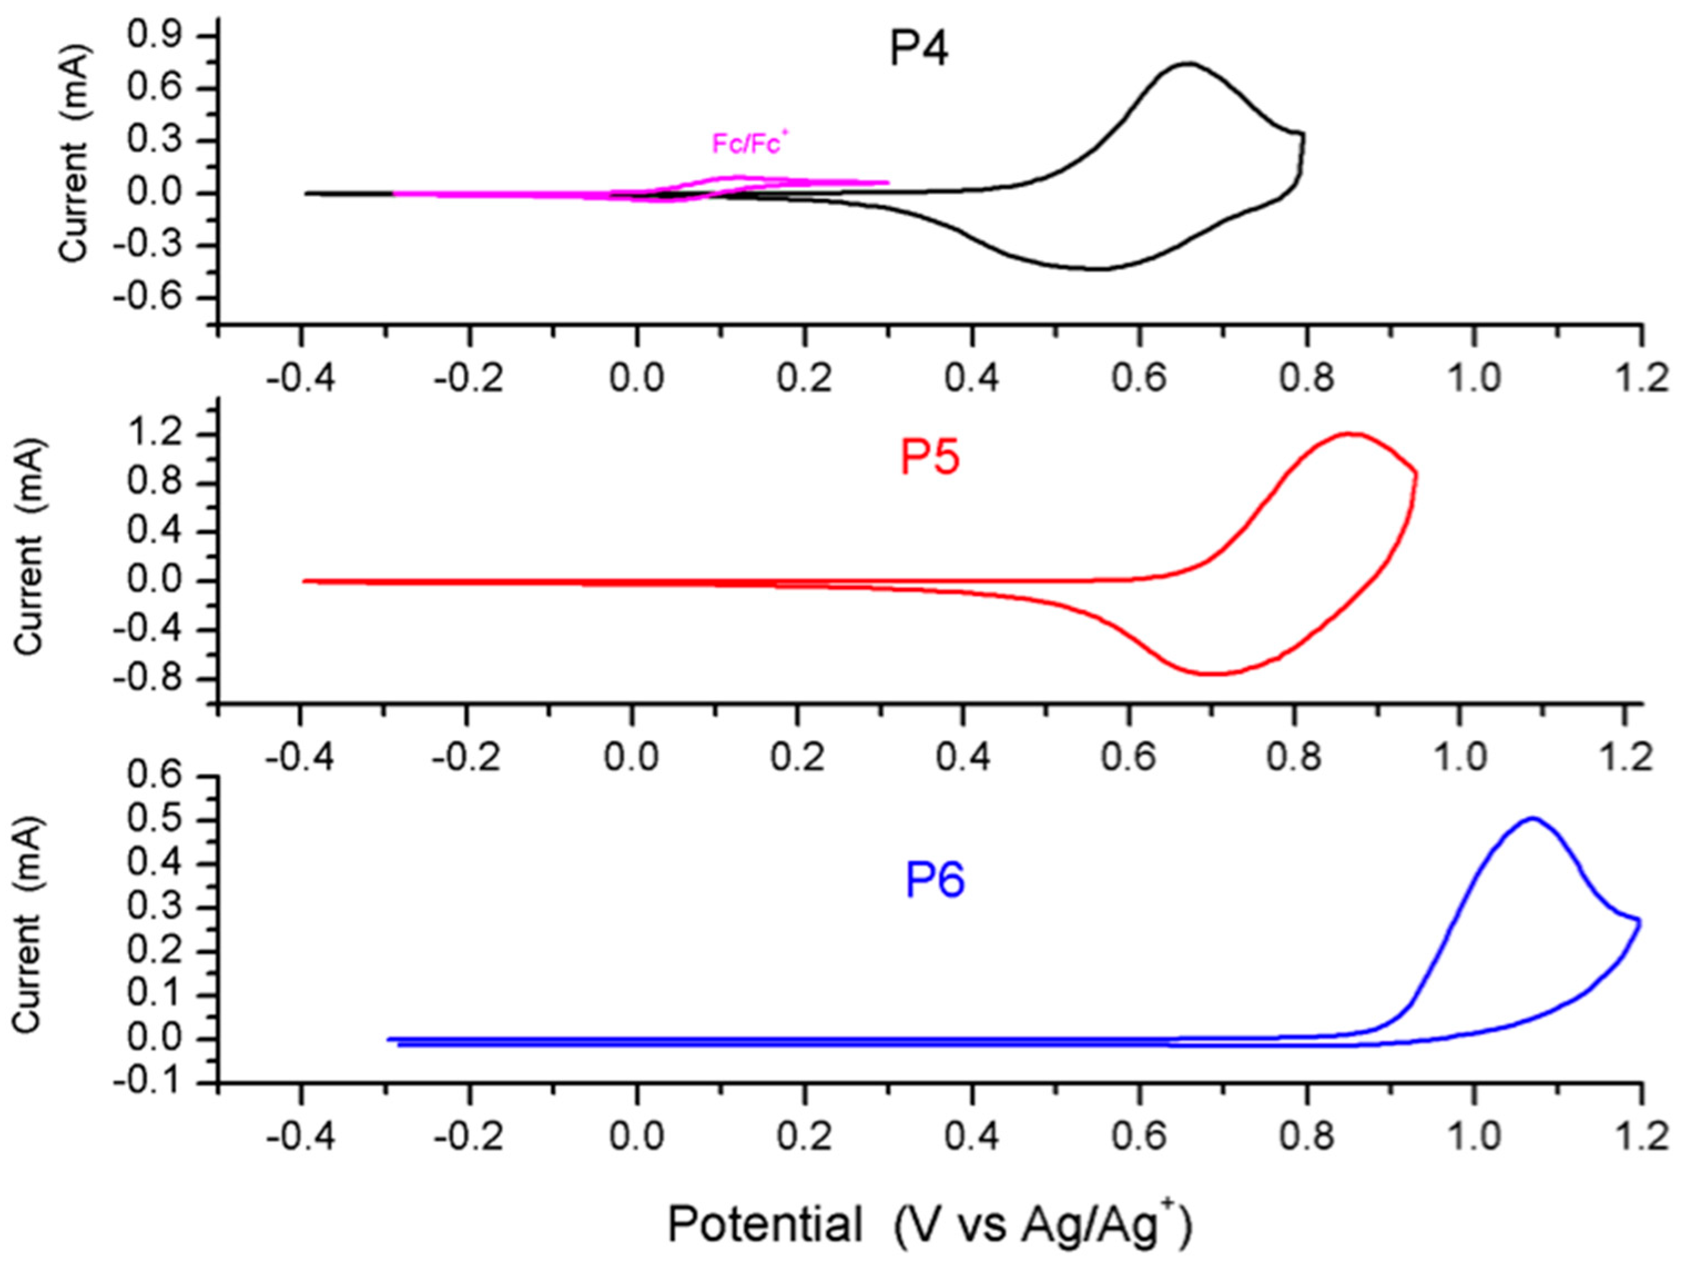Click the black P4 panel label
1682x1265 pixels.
pyautogui.click(x=918, y=50)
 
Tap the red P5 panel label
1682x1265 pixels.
pyautogui.click(x=929, y=459)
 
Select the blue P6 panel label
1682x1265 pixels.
pyautogui.click(x=934, y=880)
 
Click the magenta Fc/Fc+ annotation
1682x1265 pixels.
pyautogui.click(x=746, y=144)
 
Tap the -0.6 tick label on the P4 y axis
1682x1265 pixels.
pyautogui.click(x=150, y=297)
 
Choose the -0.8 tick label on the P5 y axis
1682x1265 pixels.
pyautogui.click(x=150, y=679)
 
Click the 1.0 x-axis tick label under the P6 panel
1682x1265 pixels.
pyautogui.click(x=1475, y=1138)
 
